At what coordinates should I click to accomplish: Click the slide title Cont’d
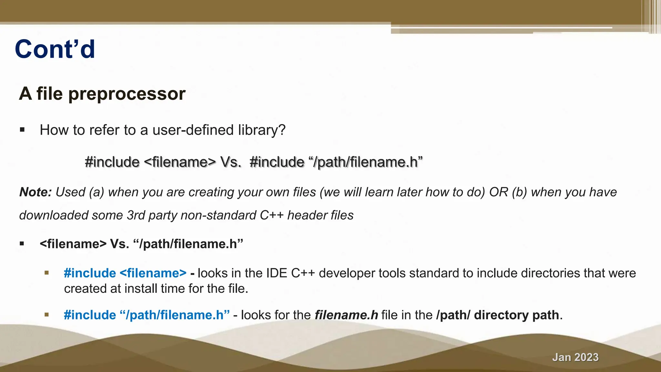[x=55, y=49]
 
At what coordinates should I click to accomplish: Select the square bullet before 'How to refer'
[x=22, y=130]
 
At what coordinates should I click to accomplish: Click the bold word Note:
[x=36, y=192]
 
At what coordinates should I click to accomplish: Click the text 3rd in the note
[x=136, y=215]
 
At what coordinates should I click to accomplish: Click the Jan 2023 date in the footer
[x=575, y=357]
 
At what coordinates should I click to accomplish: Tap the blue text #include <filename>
[x=125, y=273]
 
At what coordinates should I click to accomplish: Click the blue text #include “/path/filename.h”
[x=147, y=315]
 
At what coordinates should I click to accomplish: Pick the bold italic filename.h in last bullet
[x=346, y=315]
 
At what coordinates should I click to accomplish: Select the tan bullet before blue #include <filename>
[x=47, y=273]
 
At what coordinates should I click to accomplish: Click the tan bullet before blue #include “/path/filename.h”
[x=47, y=315]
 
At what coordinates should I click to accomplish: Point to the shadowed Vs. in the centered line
[x=230, y=162]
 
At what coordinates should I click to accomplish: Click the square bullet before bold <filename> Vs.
[x=22, y=244]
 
